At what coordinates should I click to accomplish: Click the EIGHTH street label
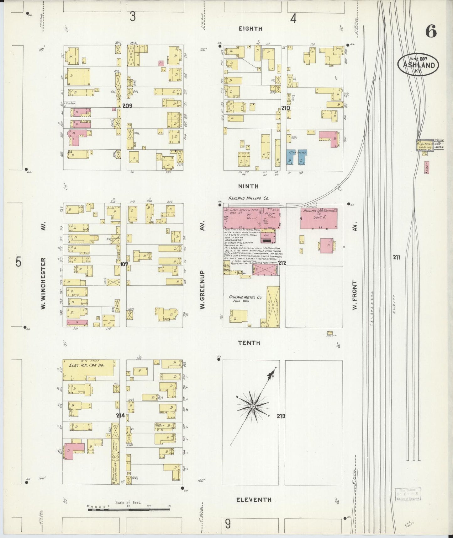tap(250, 29)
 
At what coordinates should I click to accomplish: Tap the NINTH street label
tap(248, 186)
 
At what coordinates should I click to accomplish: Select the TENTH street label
tap(249, 343)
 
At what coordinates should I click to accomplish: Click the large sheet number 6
tap(431, 32)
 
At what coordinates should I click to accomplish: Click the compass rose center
tap(253, 406)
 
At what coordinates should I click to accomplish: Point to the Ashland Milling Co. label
tap(249, 198)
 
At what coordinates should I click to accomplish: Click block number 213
tap(281, 416)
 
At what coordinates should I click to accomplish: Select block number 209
tap(127, 106)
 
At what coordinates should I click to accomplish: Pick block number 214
tap(120, 415)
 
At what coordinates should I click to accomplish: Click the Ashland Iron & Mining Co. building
tap(319, 218)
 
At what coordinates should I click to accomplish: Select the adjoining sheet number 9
tap(228, 523)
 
